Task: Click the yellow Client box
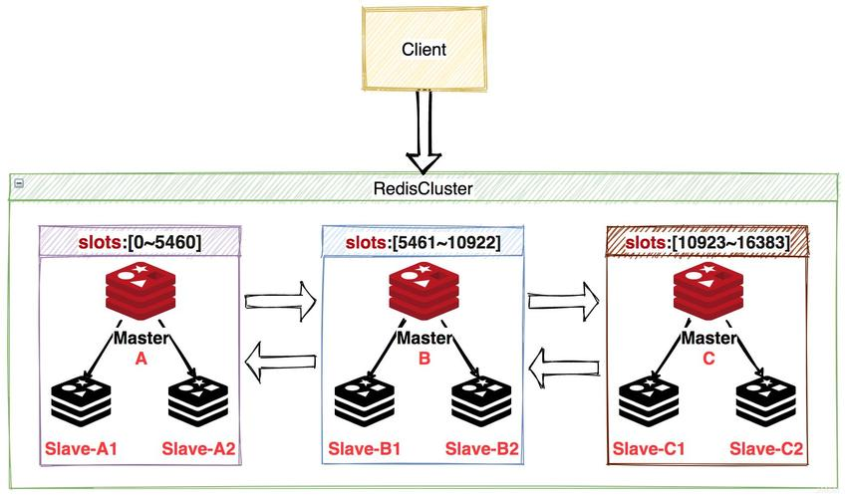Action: (x=424, y=49)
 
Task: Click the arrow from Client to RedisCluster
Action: (x=424, y=131)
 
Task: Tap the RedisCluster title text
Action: (x=423, y=188)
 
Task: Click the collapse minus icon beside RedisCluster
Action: (x=19, y=183)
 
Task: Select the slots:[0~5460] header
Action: (x=141, y=242)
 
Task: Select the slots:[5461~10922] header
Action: (x=423, y=242)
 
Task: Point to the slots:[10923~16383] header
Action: (x=707, y=242)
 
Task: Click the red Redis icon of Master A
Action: (x=141, y=291)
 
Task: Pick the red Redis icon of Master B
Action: (x=424, y=291)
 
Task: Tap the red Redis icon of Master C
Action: (x=708, y=291)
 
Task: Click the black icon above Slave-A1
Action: (x=81, y=402)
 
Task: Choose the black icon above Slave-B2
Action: (x=481, y=402)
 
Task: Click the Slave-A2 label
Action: (x=199, y=448)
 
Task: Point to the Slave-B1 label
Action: (x=365, y=448)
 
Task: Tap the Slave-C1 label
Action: (x=649, y=448)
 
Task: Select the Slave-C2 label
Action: (x=766, y=448)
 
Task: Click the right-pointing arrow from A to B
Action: (x=280, y=301)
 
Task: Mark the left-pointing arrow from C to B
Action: (x=564, y=368)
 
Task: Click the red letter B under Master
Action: (x=424, y=358)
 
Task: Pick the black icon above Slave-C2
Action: (x=766, y=402)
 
